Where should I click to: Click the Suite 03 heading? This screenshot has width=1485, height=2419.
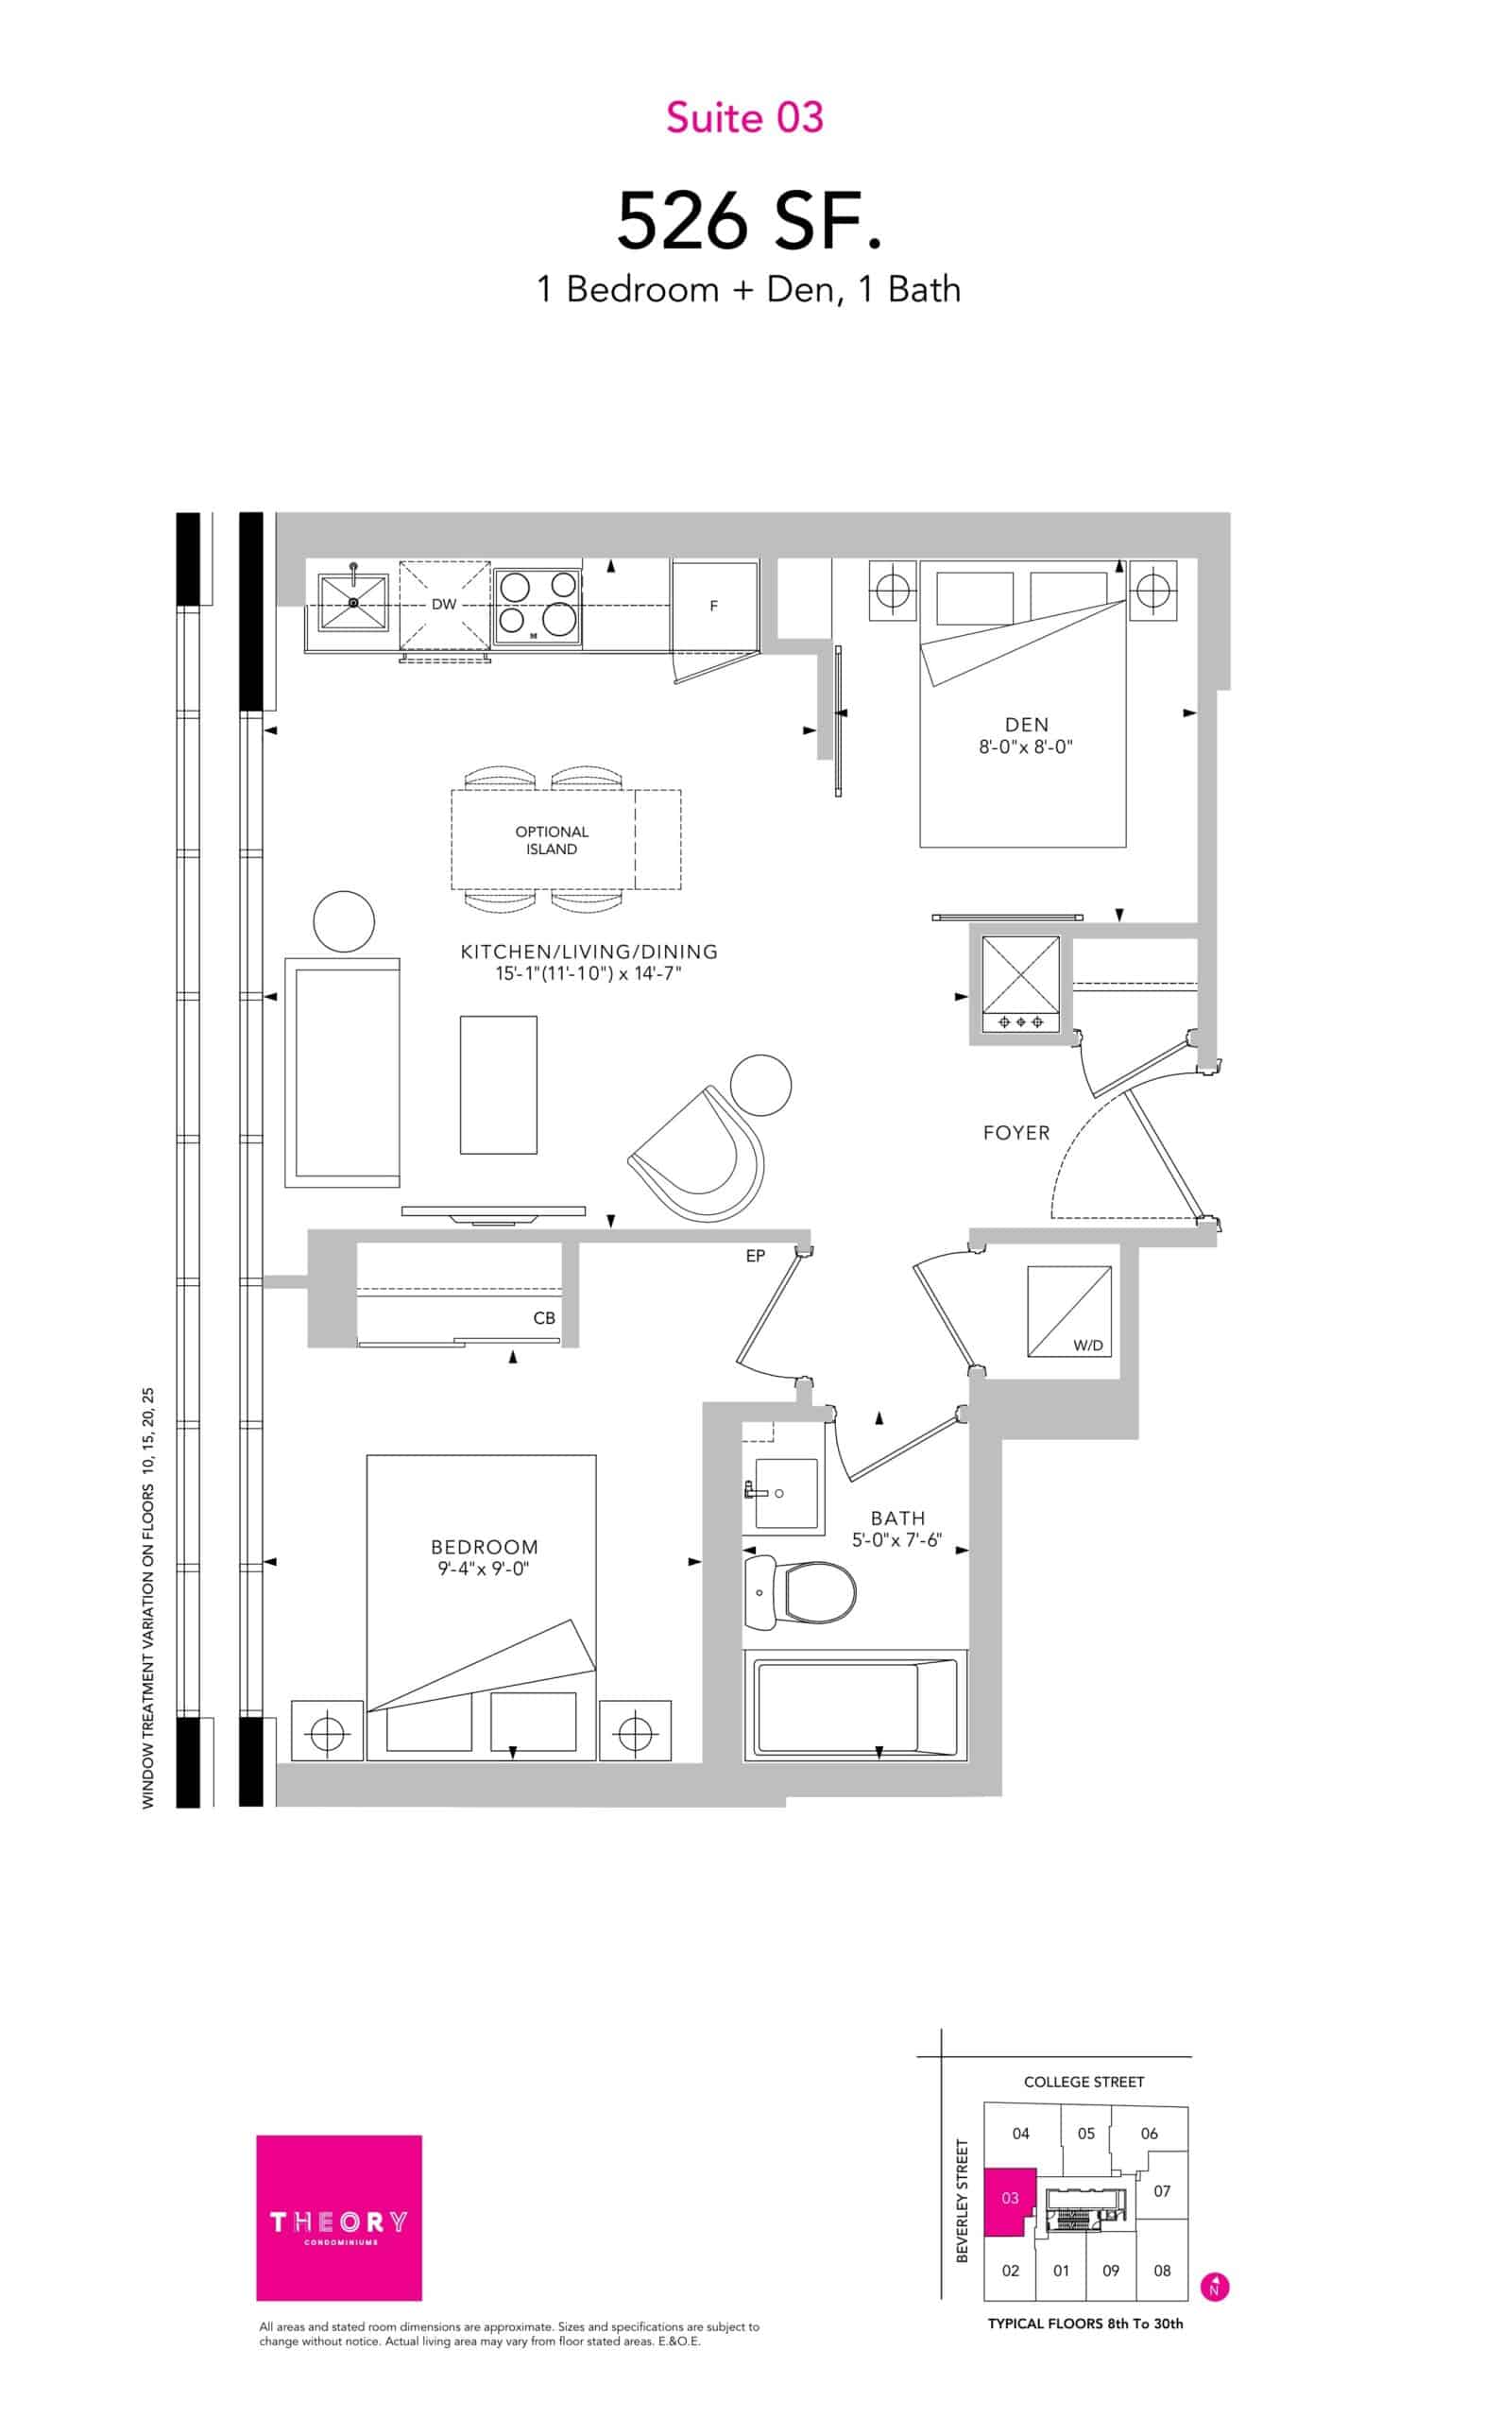click(x=744, y=118)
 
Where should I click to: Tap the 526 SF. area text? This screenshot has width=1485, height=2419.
click(x=748, y=222)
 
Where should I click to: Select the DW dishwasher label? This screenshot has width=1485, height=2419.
click(x=444, y=605)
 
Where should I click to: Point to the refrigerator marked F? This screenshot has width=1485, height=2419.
click(x=715, y=606)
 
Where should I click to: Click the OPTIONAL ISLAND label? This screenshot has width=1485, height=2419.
click(x=552, y=841)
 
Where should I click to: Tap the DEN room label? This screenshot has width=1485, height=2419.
click(x=1026, y=725)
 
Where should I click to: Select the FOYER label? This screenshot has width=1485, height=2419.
click(x=1016, y=1133)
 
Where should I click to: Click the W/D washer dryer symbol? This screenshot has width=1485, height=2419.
click(x=1069, y=1312)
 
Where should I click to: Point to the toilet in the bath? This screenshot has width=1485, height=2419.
click(x=799, y=1590)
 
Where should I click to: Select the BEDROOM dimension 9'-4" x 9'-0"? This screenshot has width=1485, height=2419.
click(x=485, y=1570)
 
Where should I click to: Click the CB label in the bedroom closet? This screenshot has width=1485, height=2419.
click(x=544, y=1318)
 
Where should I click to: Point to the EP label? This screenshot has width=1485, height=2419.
click(x=756, y=1256)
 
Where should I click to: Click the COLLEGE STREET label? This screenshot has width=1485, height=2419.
click(x=1084, y=2081)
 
